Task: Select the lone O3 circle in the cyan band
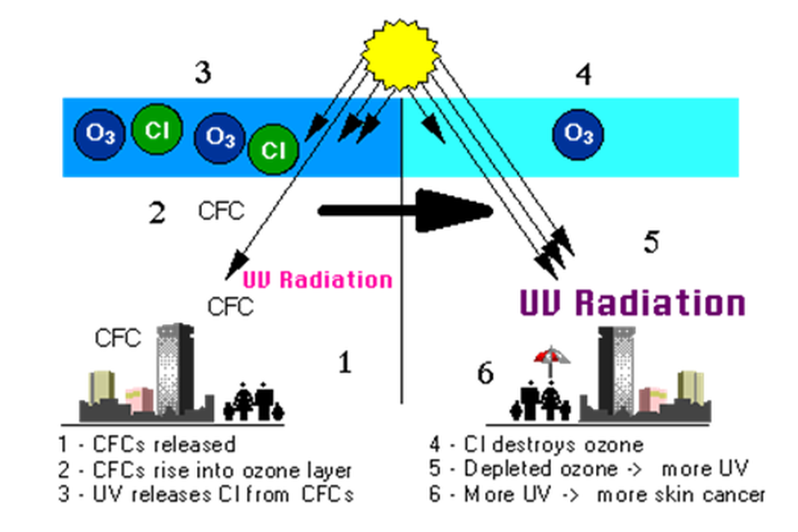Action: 577,134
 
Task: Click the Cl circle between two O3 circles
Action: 158,130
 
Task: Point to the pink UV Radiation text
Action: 317,279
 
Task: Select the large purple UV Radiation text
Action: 632,303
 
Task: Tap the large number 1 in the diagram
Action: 344,363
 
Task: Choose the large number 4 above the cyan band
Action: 583,75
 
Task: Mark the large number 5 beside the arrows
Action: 652,242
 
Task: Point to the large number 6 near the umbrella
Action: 486,374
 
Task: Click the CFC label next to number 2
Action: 221,211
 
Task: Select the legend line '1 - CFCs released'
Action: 146,443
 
